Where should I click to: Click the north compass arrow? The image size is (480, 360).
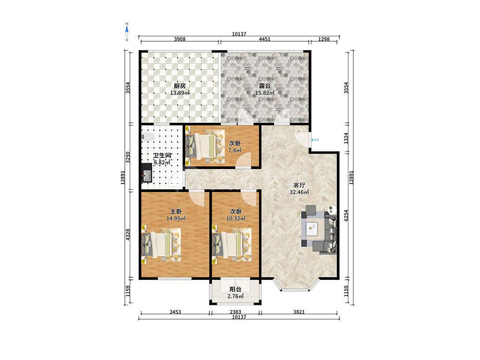tap(127, 29)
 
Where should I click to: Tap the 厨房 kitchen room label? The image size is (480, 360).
tap(180, 86)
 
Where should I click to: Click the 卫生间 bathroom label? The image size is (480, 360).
tap(162, 156)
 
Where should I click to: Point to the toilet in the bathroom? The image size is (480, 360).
tap(148, 137)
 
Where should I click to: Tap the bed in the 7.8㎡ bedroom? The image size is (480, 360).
tap(204, 144)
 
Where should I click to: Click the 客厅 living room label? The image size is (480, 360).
tap(299, 185)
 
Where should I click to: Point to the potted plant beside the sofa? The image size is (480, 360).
tap(331, 210)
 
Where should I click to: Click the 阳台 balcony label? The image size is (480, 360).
tap(235, 289)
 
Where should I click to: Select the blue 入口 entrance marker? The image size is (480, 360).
tap(315, 140)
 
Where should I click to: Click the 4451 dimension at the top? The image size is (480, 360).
tap(264, 39)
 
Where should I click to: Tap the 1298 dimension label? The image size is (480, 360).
tap(324, 39)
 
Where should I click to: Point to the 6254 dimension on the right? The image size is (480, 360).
tap(346, 216)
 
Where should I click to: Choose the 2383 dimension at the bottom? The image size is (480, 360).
tap(235, 312)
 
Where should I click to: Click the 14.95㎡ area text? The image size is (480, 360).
tap(176, 218)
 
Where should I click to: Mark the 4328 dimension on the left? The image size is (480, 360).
tap(128, 235)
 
